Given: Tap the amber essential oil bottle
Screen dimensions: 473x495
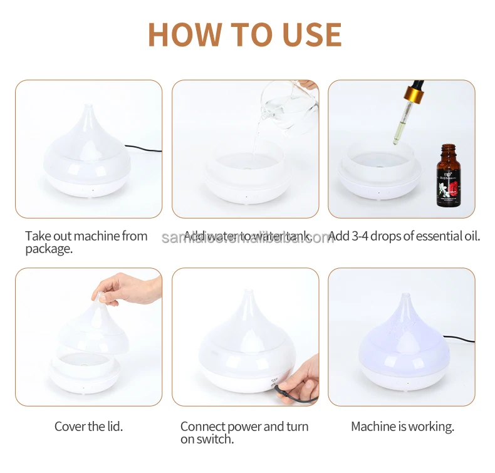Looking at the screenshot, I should pyautogui.click(x=447, y=179).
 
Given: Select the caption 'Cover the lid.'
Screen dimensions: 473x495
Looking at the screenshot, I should pyautogui.click(x=88, y=427).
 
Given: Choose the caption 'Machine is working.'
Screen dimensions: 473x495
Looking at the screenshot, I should pyautogui.click(x=402, y=427).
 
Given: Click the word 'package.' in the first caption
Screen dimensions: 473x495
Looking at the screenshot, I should pyautogui.click(x=49, y=249).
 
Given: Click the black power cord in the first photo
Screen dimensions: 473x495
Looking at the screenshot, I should pyautogui.click(x=143, y=149).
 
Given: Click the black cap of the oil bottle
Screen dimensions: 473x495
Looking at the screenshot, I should pyautogui.click(x=446, y=149).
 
